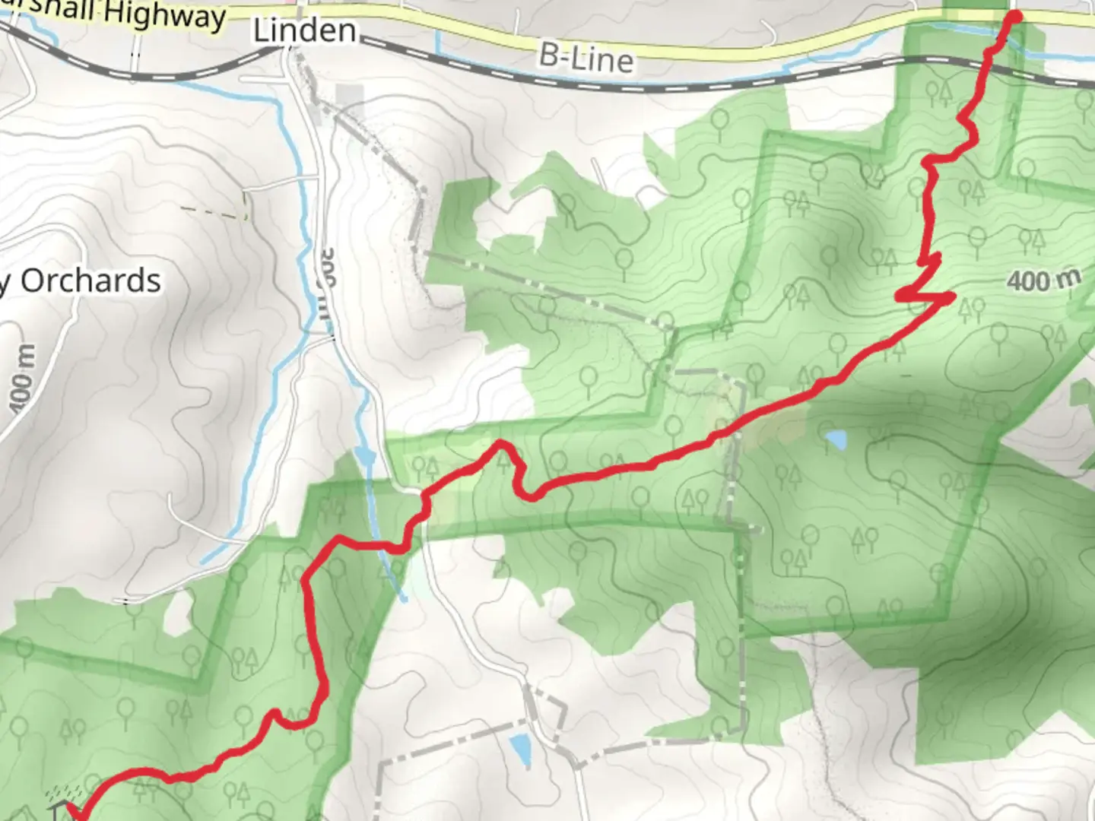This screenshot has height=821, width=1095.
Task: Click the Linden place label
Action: click(304, 31)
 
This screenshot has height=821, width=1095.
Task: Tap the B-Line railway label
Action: click(586, 58)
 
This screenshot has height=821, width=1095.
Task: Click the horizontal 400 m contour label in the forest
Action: click(1043, 281)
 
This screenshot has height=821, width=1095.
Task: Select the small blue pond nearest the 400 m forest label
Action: click(835, 439)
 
